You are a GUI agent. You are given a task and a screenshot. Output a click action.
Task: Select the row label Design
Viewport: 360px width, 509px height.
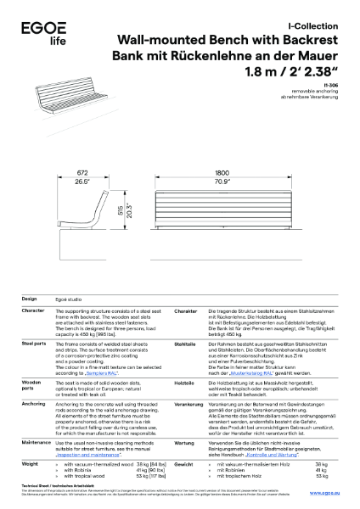29,299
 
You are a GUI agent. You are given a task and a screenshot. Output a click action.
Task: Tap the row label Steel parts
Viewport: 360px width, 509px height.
33,343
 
